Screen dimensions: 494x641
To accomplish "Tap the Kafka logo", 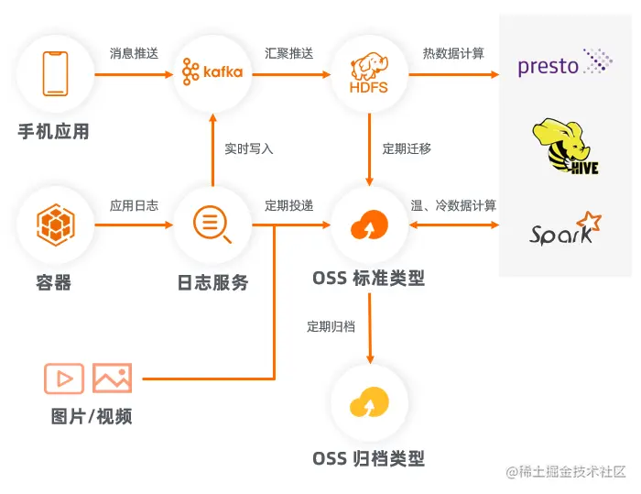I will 212,71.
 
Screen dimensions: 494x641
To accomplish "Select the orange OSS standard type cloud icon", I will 369,225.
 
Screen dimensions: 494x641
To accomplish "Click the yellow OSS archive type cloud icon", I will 369,402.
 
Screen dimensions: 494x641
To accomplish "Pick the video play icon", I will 64,379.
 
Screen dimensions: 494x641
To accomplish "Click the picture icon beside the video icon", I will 112,379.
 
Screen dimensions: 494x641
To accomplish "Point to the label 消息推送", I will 134,53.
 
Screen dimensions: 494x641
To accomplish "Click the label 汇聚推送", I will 289,53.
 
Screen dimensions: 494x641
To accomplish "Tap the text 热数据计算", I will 453,53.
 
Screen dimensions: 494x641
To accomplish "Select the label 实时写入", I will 249,148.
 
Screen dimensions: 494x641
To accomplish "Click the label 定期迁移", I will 407,148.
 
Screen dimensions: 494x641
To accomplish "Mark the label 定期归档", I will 331,326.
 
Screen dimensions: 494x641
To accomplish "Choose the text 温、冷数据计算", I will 453,206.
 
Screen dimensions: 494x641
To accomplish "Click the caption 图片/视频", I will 92,417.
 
